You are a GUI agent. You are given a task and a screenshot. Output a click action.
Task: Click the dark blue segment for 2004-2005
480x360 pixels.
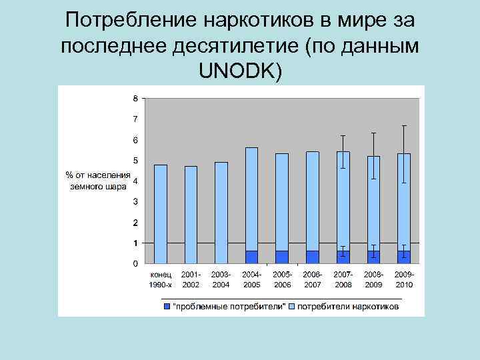tap(251, 257)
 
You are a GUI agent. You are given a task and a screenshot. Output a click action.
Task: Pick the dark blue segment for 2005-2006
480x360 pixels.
tap(282, 257)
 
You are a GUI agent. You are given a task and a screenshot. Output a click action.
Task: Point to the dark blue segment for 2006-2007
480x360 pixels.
tap(313, 257)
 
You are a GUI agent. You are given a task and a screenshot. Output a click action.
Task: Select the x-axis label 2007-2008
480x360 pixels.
tap(343, 279)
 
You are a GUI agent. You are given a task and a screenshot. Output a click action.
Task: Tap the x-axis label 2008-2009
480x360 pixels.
tap(373, 279)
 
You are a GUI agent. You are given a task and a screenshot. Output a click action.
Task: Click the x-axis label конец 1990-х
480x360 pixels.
tap(160, 279)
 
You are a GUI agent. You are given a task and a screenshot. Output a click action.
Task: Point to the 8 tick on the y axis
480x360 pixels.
tap(135, 99)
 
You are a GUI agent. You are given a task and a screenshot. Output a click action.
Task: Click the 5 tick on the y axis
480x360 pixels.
tap(135, 161)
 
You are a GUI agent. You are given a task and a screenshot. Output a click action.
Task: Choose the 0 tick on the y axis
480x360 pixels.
tap(135, 263)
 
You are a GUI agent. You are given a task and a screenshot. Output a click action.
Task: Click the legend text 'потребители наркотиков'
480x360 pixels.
tap(348, 307)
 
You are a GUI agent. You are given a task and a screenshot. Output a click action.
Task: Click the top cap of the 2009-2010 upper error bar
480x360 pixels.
tap(404, 125)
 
